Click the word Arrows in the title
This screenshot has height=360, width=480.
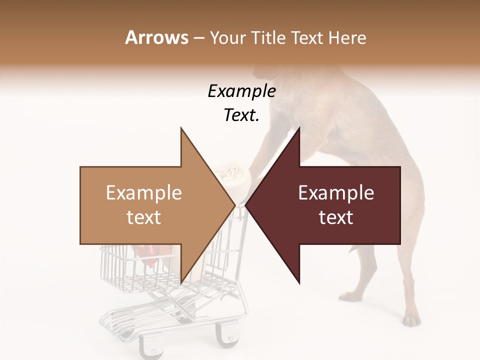pyautogui.click(x=156, y=37)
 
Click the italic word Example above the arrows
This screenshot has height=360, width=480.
pyautogui.click(x=241, y=91)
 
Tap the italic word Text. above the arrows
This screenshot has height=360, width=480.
pyautogui.click(x=241, y=115)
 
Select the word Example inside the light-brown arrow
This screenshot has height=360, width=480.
pyautogui.click(x=144, y=193)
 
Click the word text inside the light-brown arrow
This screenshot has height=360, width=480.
pyautogui.click(x=144, y=217)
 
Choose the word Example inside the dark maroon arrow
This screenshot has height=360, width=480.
pyautogui.click(x=336, y=193)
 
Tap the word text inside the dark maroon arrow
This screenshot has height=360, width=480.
pyautogui.click(x=336, y=217)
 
